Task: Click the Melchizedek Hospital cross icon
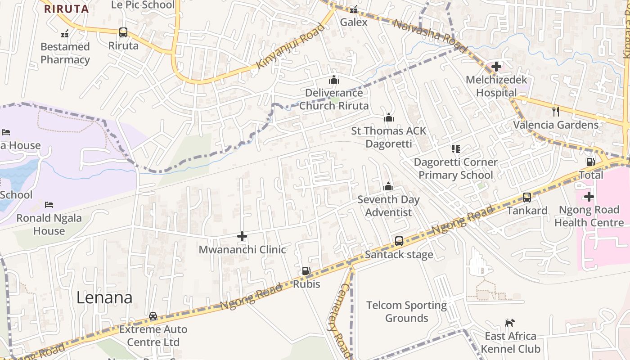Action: [496, 67]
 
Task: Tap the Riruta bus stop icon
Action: [123, 32]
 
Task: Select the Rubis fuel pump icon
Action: [306, 271]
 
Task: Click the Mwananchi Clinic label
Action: [242, 249]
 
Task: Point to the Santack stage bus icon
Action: [399, 241]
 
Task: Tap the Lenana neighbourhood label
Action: [104, 297]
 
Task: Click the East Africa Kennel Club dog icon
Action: [510, 323]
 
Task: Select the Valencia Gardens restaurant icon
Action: [556, 111]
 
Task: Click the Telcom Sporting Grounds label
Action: [406, 311]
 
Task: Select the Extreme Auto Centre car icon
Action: [153, 315]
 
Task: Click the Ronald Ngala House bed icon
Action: [49, 205]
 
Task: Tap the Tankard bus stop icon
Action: [526, 197]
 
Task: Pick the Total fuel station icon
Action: [590, 162]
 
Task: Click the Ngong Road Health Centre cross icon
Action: [589, 197]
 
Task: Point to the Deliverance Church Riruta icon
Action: [333, 80]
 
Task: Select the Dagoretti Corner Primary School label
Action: [455, 168]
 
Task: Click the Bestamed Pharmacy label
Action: [65, 53]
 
